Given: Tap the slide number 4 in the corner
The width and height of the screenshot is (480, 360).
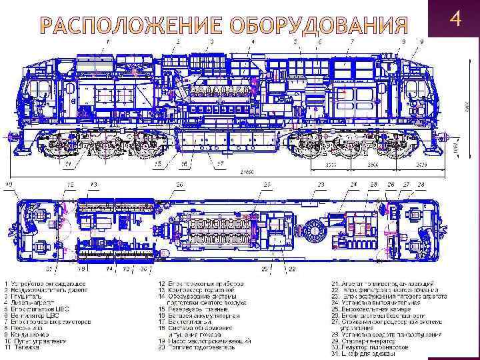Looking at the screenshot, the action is (456, 19).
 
